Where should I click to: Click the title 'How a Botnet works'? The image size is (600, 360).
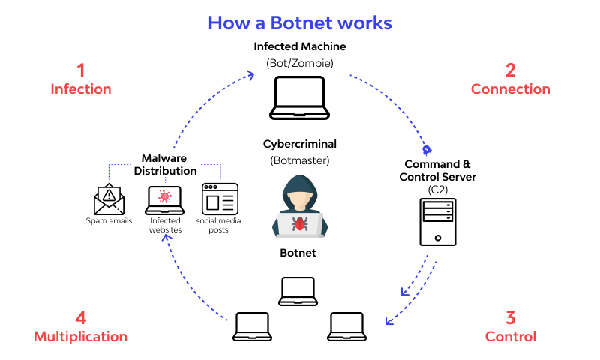300,22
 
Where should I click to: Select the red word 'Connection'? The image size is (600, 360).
510,89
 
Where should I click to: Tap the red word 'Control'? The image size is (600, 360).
511,336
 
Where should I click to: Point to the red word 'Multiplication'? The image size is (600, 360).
80,336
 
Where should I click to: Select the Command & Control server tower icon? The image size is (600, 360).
438,222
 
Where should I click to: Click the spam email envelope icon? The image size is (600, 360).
109,199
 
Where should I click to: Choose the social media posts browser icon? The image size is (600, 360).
220,199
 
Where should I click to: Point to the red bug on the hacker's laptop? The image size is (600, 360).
300,223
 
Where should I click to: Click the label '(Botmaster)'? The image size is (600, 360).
299,160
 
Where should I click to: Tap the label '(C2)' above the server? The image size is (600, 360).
439,190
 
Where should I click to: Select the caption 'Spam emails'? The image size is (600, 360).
109,221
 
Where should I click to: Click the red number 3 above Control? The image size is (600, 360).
511,316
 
